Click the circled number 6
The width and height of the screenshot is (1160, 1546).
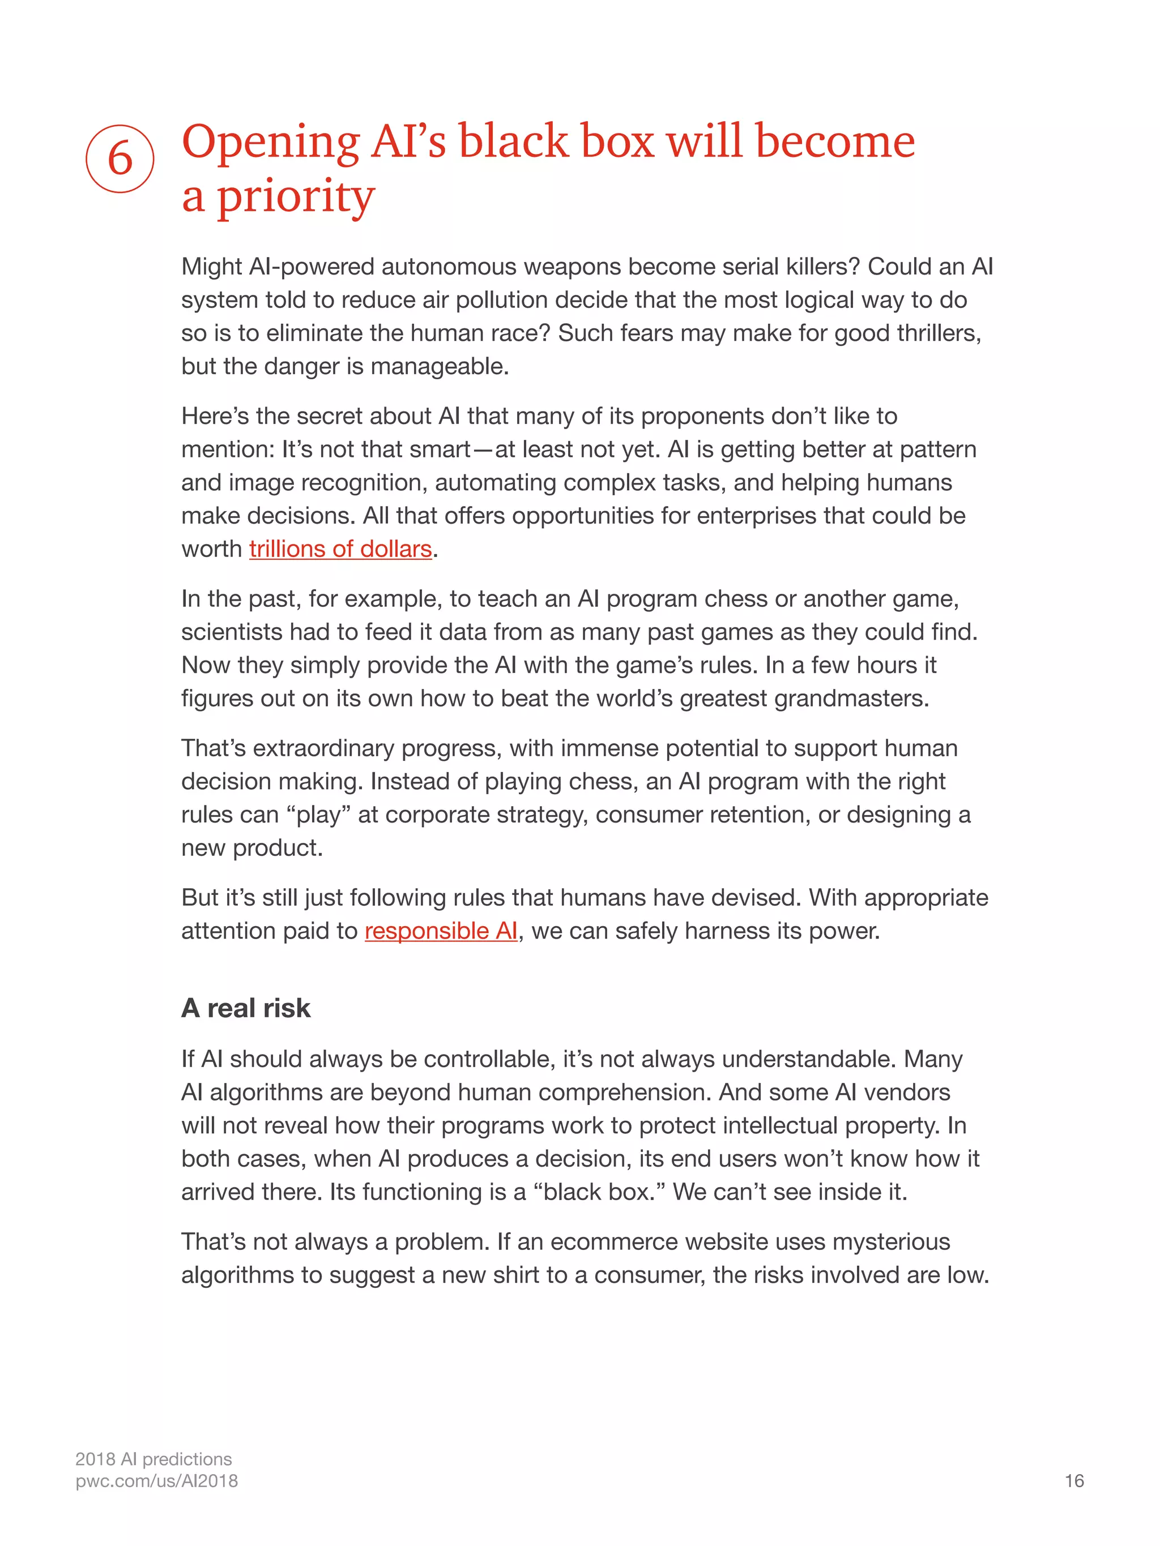coord(120,159)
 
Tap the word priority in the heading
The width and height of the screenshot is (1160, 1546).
coord(295,198)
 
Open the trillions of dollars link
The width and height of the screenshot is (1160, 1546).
coord(340,549)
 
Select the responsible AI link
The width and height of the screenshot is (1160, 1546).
coord(441,931)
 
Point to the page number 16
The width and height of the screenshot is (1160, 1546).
coord(1074,1481)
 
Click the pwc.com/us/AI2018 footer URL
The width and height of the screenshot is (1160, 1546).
coord(157,1481)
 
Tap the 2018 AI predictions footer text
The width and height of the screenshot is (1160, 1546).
coord(153,1459)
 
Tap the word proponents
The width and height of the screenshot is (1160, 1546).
coord(701,416)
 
